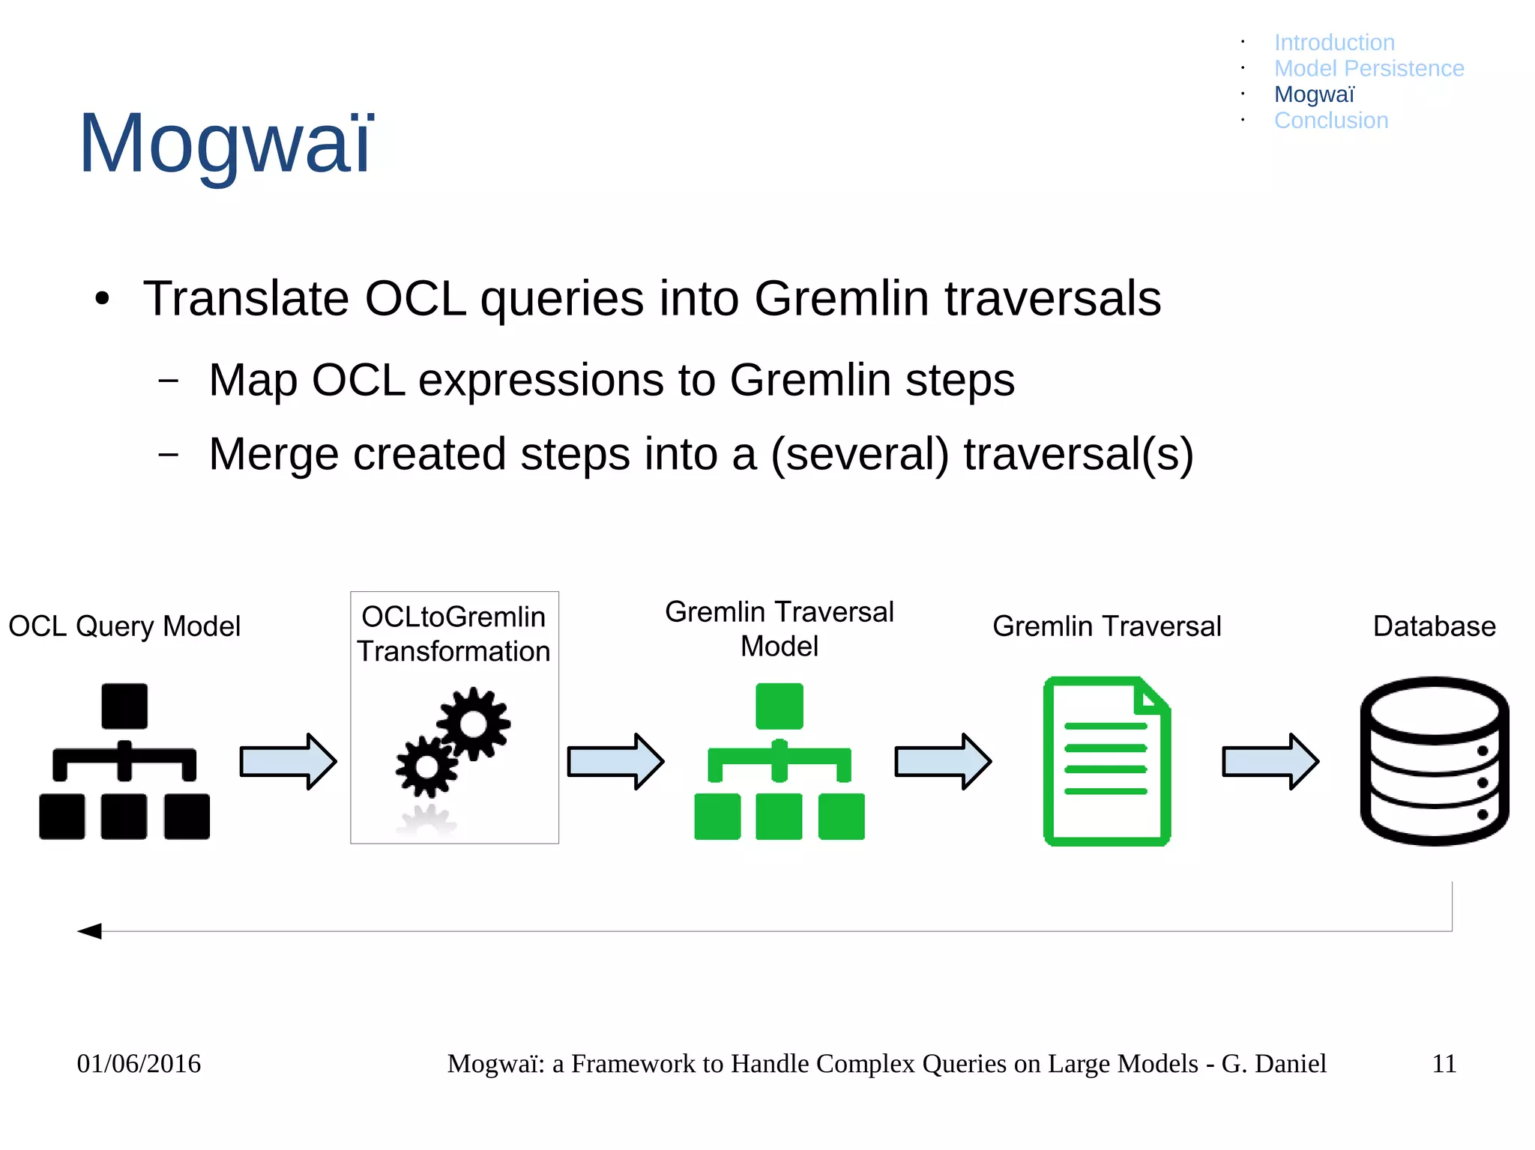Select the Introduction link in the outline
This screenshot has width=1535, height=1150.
point(1334,43)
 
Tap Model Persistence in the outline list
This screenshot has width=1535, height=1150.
point(1369,69)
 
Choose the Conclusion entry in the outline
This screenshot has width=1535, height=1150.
point(1331,121)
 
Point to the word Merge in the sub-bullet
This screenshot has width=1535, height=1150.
point(273,455)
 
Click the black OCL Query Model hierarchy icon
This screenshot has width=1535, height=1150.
point(124,761)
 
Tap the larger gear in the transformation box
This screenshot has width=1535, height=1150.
point(474,724)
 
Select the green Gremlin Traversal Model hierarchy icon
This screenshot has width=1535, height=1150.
point(779,761)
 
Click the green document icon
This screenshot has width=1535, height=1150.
point(1106,761)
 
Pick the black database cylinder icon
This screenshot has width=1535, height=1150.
point(1434,761)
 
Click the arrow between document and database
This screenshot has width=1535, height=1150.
point(1270,762)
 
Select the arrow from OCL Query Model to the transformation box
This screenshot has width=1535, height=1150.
point(288,762)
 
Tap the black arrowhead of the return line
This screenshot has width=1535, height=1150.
point(90,931)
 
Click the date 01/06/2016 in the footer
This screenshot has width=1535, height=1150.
point(139,1064)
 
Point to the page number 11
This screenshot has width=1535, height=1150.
point(1444,1064)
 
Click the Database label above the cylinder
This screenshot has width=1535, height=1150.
point(1434,626)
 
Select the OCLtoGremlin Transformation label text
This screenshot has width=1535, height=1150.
point(453,635)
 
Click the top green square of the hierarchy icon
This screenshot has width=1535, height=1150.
point(779,706)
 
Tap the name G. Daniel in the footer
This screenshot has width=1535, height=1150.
point(1273,1064)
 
